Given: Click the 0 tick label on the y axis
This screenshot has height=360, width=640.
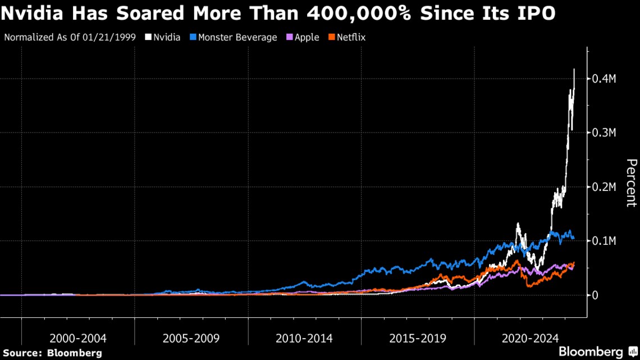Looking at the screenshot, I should [x=596, y=295].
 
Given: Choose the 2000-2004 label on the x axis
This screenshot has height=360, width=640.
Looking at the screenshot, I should [x=77, y=339].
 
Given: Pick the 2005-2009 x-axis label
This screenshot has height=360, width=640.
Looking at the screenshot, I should [x=191, y=339].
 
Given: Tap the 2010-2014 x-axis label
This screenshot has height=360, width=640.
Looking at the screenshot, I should [x=304, y=339].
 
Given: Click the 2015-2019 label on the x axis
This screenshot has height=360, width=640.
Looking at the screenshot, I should [x=418, y=339].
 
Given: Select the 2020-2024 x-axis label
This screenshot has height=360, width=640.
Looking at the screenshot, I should [x=531, y=339].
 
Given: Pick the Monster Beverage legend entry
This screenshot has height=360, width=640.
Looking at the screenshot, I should [x=237, y=38].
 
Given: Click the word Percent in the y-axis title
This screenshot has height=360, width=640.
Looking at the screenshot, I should [x=631, y=183].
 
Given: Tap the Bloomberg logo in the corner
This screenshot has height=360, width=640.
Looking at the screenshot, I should [x=595, y=352].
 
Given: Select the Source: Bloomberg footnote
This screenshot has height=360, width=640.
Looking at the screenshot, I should [x=52, y=353].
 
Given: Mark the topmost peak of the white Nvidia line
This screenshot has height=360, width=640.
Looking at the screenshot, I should [x=574, y=69].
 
